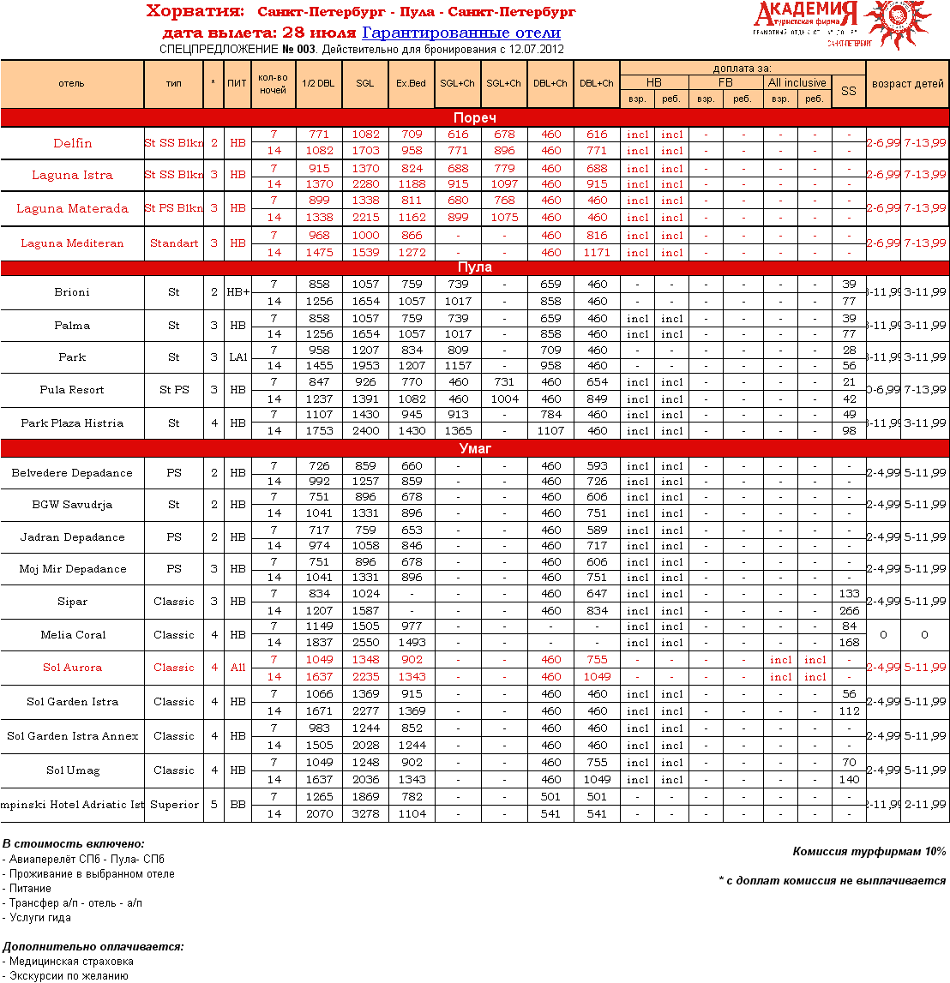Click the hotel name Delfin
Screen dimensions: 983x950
pos(72,143)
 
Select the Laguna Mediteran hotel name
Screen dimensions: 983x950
pos(72,243)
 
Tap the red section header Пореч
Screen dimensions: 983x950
pos(474,117)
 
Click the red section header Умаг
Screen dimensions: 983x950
pos(474,448)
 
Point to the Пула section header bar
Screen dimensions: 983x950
pos(474,267)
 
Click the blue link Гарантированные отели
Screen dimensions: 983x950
pos(461,33)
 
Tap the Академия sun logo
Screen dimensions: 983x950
pos(897,24)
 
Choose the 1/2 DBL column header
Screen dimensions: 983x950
pos(318,84)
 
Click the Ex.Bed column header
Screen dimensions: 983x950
pos(411,84)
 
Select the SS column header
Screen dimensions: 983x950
pos(848,91)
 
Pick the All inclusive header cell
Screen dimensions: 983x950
pos(797,83)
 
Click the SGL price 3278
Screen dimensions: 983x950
pos(365,813)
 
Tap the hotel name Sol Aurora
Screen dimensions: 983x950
pos(72,668)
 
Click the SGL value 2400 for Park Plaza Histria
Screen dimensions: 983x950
pos(365,431)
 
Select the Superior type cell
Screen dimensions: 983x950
pos(174,805)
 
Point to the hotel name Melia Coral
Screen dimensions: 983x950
pos(73,635)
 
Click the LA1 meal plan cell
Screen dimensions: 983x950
pos(237,357)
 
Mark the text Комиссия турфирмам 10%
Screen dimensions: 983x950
pos(869,852)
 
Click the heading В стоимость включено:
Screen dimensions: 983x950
pos(74,844)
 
